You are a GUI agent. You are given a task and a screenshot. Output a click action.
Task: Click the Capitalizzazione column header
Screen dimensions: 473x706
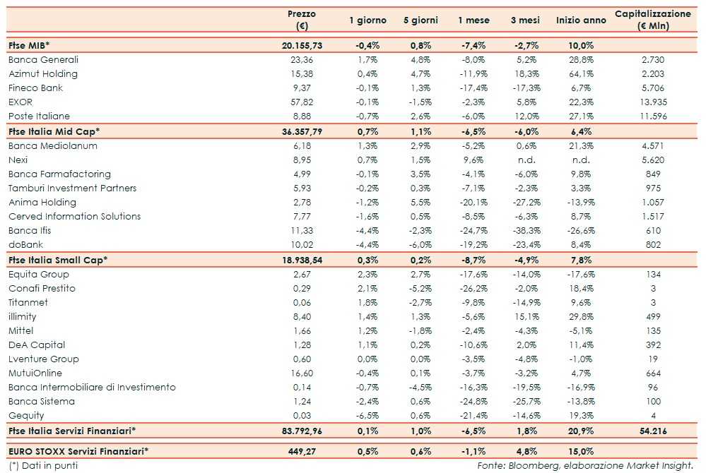point(653,20)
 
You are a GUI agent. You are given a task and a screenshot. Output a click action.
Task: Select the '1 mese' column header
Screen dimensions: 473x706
point(473,20)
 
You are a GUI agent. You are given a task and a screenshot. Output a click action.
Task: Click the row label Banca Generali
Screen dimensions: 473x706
point(43,59)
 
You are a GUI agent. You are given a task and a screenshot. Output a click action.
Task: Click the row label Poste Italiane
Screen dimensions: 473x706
point(39,116)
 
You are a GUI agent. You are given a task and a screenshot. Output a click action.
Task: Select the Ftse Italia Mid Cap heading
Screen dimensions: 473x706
point(54,131)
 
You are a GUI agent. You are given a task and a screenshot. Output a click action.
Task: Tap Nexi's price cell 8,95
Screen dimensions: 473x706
point(302,160)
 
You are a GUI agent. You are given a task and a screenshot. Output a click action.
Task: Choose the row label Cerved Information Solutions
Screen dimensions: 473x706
point(74,217)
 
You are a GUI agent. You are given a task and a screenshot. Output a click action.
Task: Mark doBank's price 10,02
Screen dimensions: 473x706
point(302,245)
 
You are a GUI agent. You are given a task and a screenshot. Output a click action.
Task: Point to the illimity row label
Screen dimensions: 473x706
point(23,317)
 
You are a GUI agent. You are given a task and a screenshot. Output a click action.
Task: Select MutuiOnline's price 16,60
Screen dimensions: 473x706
point(302,373)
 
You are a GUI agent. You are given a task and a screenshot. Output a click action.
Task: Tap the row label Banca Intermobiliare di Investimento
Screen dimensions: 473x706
point(92,388)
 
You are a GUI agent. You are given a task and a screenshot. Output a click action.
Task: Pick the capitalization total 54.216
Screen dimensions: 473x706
point(650,431)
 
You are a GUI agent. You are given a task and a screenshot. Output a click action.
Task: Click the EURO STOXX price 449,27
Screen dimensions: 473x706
point(302,451)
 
